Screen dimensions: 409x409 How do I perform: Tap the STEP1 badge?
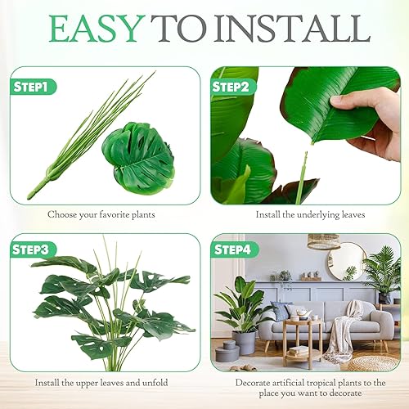pyautogui.click(x=35, y=85)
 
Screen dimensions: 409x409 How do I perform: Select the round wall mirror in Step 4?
pyautogui.click(x=346, y=261)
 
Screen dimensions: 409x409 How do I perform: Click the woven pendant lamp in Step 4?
pyautogui.click(x=323, y=241)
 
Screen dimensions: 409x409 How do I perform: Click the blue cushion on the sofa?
pyautogui.click(x=281, y=312)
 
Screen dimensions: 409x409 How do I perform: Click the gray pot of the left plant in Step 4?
pyautogui.click(x=244, y=342)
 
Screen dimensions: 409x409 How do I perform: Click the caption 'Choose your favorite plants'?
pyautogui.click(x=102, y=215)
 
